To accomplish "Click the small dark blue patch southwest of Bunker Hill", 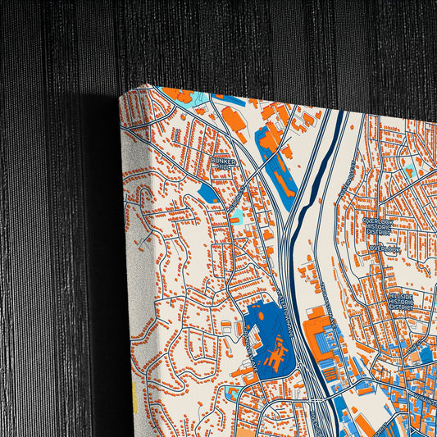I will click(208, 193).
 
